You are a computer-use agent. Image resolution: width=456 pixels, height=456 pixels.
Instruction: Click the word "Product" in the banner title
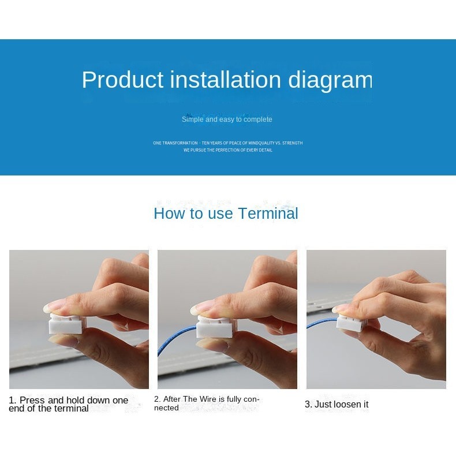point(123,80)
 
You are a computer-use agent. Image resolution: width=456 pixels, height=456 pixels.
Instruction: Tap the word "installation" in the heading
point(226,80)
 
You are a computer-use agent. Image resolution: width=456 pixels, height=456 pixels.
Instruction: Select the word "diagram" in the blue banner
point(330,81)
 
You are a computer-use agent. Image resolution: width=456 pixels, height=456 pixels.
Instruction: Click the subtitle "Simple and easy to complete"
point(227,119)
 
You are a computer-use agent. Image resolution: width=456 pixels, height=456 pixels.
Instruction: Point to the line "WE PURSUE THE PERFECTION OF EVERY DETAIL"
point(228,150)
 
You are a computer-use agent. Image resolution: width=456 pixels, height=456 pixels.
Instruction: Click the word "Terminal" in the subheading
point(268,213)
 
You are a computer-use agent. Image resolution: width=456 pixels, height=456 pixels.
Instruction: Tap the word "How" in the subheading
point(170,213)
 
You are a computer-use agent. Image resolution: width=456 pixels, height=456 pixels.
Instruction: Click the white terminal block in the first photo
point(66,324)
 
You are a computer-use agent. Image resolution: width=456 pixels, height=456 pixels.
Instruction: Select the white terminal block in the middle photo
point(215,326)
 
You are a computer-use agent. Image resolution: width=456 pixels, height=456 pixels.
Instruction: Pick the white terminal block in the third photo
point(350,323)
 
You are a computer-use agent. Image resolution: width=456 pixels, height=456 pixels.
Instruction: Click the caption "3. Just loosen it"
point(337,404)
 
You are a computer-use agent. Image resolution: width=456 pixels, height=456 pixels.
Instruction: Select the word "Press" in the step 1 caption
point(32,400)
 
